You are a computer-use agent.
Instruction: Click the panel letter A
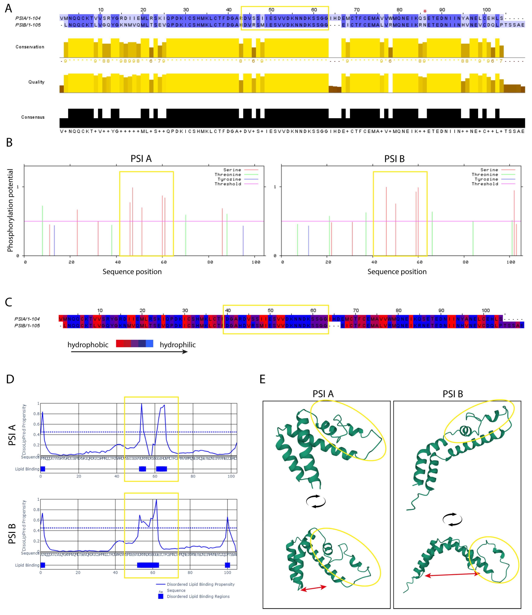(9, 8)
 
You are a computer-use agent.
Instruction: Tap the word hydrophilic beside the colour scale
(177, 345)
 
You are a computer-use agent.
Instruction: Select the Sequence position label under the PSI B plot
(397, 272)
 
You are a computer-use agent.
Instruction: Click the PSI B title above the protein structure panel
(453, 394)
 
